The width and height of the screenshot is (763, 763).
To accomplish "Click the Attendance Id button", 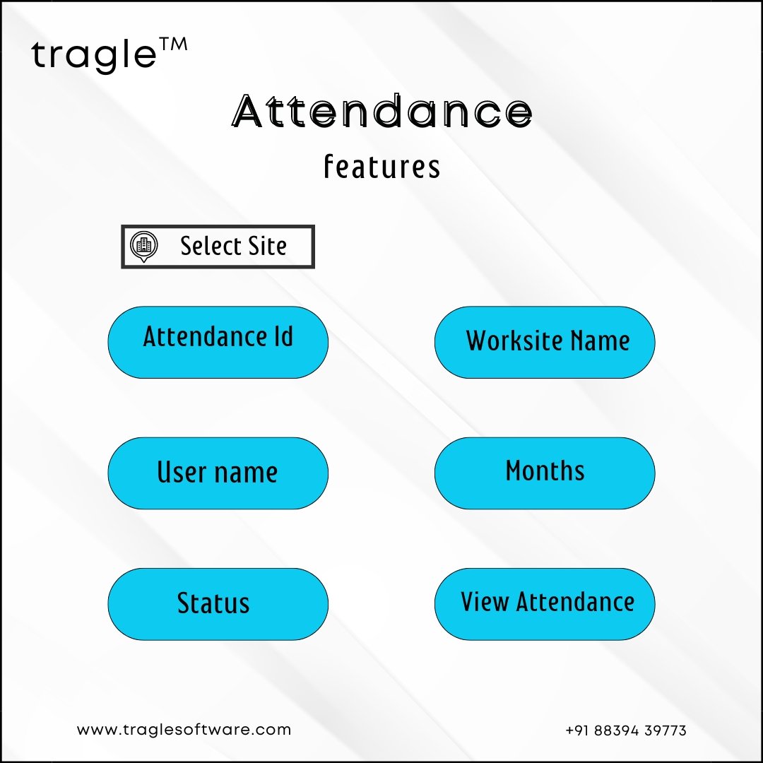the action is [218, 342].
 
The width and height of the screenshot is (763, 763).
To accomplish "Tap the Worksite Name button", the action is [545, 342].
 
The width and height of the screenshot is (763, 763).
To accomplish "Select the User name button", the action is [218, 473].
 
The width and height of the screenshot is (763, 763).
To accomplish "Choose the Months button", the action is [545, 473].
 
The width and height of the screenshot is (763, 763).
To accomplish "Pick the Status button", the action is [218, 604].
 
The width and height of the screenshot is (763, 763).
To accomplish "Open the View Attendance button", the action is [545, 604].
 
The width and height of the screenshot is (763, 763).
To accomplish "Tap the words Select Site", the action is [234, 246].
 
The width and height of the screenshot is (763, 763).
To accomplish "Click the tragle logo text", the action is [93, 56].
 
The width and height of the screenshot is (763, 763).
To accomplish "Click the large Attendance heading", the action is [382, 111].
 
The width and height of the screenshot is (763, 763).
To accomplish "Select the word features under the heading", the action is [382, 166].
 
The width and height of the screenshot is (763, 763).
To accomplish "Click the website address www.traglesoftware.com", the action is [184, 730].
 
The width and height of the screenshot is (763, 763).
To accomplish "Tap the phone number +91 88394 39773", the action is [626, 731].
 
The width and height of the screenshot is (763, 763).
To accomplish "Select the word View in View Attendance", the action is [485, 601].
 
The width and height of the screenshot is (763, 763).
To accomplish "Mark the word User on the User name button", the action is [182, 472].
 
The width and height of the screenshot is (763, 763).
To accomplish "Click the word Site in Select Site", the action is [268, 246].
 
